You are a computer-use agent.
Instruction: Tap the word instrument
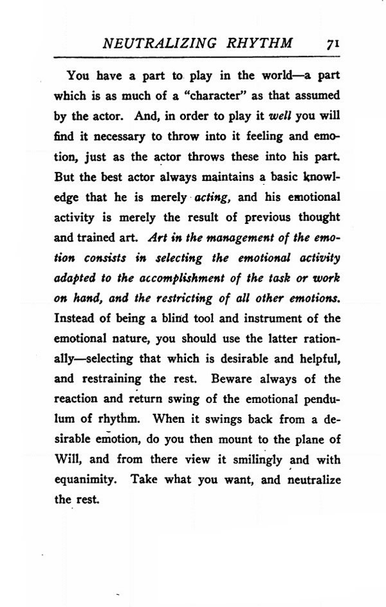tap(271, 319)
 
